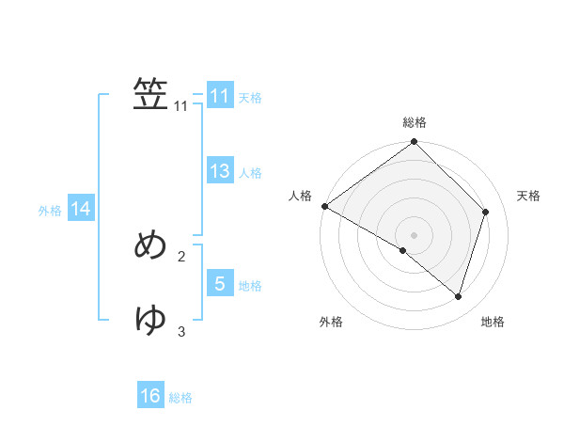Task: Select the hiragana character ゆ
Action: point(151,320)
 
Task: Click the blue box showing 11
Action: point(220,96)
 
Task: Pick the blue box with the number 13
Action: point(220,171)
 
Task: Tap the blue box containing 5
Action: point(220,283)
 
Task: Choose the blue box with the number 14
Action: point(81,209)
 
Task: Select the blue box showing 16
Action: point(150,396)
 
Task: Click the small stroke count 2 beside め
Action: point(181,256)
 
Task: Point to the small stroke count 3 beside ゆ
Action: point(181,331)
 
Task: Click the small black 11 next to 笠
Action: point(181,106)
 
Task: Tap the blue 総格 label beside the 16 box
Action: point(180,398)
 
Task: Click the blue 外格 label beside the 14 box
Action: point(50,211)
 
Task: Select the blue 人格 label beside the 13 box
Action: point(250,173)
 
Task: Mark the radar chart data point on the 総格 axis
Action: point(415,142)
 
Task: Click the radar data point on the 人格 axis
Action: point(324,206)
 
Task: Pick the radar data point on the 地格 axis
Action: point(459,296)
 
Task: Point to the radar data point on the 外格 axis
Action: point(402,251)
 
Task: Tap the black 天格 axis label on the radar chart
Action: point(528,196)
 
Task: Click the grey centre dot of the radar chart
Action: point(415,234)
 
